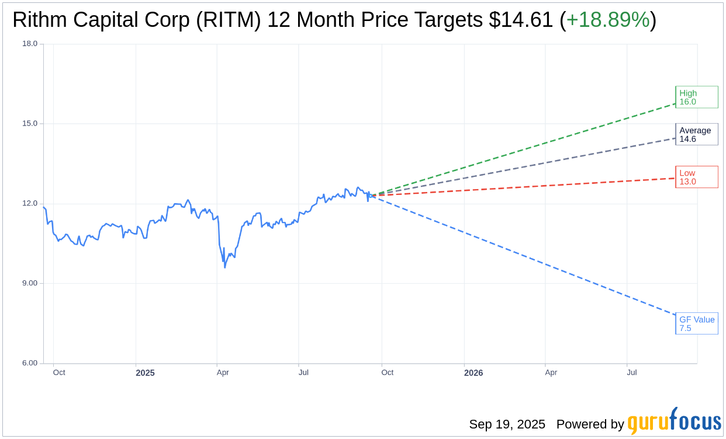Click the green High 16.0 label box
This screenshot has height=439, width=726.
click(696, 97)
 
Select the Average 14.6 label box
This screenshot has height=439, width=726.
click(696, 134)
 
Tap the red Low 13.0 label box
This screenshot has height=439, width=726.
click(696, 177)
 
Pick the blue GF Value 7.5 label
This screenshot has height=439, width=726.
click(696, 323)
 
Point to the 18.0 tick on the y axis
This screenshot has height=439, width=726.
click(29, 43)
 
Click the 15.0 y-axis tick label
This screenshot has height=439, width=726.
click(29, 123)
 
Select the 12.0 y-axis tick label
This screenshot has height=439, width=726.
click(29, 203)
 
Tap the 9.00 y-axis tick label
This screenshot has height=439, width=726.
click(29, 283)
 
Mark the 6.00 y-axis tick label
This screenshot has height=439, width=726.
click(29, 363)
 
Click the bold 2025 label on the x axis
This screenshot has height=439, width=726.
click(145, 372)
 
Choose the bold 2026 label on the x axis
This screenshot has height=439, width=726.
click(473, 372)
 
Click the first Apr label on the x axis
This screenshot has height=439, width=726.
click(223, 372)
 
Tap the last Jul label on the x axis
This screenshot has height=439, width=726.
click(631, 372)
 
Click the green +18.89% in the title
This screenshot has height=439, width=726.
click(608, 20)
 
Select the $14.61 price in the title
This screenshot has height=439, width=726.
click(521, 20)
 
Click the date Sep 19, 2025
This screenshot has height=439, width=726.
click(507, 424)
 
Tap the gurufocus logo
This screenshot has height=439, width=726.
click(674, 421)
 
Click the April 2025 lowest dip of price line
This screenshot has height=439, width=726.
click(225, 267)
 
